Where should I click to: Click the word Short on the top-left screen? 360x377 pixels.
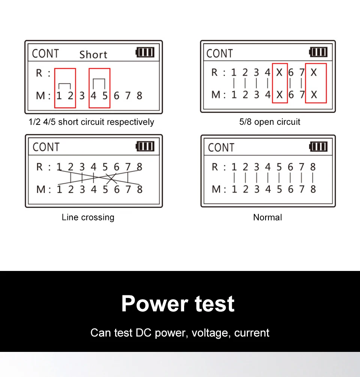pyautogui.click(x=93, y=55)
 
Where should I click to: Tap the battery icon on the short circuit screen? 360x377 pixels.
pyautogui.click(x=145, y=52)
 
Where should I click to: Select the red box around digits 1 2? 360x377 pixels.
pyautogui.click(x=65, y=88)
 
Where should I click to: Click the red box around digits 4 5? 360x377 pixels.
pyautogui.click(x=99, y=88)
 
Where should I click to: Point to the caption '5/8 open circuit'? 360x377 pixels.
pyautogui.click(x=270, y=122)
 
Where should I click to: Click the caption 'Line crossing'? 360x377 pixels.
pyautogui.click(x=88, y=217)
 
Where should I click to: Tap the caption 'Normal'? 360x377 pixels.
pyautogui.click(x=267, y=217)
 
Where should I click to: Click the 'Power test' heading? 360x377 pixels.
pyautogui.click(x=178, y=304)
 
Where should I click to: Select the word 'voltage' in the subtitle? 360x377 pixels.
pyautogui.click(x=210, y=333)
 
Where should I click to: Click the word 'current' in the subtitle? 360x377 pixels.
pyautogui.click(x=252, y=333)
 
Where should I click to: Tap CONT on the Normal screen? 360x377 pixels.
pyautogui.click(x=221, y=148)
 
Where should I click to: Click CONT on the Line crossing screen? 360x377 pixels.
pyautogui.click(x=46, y=147)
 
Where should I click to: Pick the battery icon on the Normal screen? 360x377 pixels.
pyautogui.click(x=318, y=147)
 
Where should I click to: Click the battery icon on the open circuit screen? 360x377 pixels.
pyautogui.click(x=318, y=52)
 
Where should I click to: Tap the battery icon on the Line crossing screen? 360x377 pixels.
pyautogui.click(x=145, y=146)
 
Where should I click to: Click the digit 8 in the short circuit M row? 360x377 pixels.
pyautogui.click(x=139, y=96)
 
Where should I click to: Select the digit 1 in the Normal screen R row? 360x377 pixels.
pyautogui.click(x=234, y=167)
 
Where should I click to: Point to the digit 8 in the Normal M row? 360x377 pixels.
pyautogui.click(x=313, y=189)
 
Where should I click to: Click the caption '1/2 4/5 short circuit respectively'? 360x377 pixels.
pyautogui.click(x=91, y=122)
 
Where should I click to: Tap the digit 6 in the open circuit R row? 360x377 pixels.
pyautogui.click(x=291, y=72)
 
